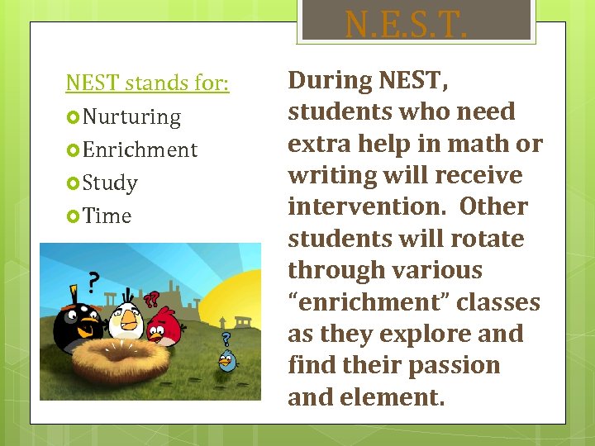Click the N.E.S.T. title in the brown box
point(406,25)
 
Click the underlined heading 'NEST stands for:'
point(147,83)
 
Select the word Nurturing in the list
point(131,116)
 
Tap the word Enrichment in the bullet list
point(140,149)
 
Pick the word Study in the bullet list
point(110,183)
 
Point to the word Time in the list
point(107,216)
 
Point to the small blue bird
point(226,361)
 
